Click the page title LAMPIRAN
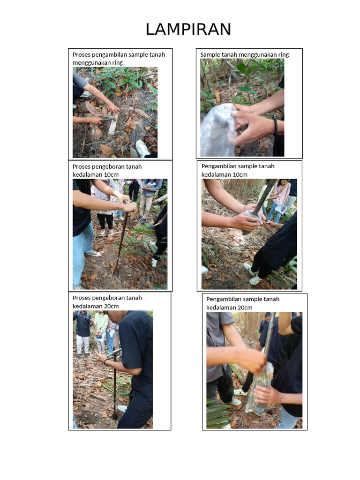pyautogui.click(x=188, y=30)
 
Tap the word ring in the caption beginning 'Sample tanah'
pyautogui.click(x=283, y=54)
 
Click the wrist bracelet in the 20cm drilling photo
pyautogui.click(x=106, y=362)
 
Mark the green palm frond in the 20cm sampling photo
pyautogui.click(x=218, y=415)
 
